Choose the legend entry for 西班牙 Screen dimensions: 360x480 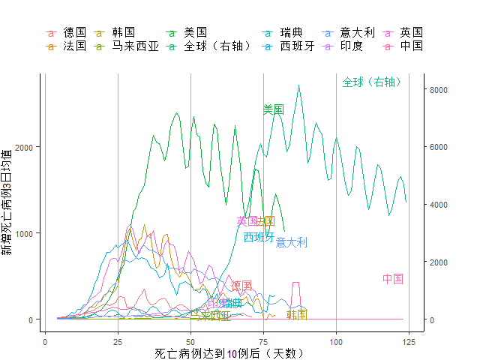pyautogui.click(x=297, y=46)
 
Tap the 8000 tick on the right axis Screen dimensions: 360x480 pyautogui.click(x=438, y=90)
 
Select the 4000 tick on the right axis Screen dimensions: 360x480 pyautogui.click(x=438, y=205)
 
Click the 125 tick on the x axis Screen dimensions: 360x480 pyautogui.click(x=409, y=342)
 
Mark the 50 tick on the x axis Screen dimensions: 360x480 pyautogui.click(x=190, y=342)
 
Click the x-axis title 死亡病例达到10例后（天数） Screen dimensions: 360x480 pyautogui.click(x=229, y=352)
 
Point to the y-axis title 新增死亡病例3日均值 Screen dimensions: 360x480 pyautogui.click(x=7, y=202)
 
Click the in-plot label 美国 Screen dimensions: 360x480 pyautogui.click(x=274, y=109)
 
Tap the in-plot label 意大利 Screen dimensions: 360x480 pyautogui.click(x=291, y=242)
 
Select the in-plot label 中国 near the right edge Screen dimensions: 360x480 pyautogui.click(x=393, y=279)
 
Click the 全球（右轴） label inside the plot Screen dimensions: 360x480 pyautogui.click(x=373, y=82)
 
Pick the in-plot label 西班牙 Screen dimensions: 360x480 pyautogui.click(x=259, y=237)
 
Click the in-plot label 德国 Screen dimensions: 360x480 pyautogui.click(x=241, y=286)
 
